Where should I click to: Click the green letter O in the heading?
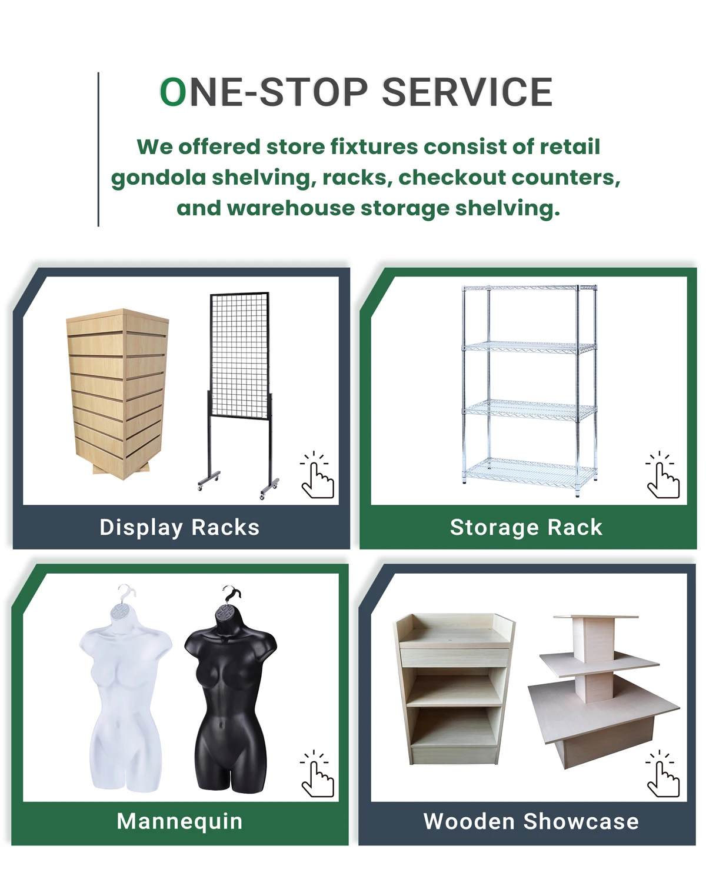(x=173, y=92)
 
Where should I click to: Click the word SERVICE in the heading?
(x=467, y=92)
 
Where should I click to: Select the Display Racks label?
(x=179, y=527)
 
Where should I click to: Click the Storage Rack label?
(x=526, y=527)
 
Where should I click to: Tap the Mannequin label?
(x=179, y=821)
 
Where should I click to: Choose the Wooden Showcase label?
(x=531, y=821)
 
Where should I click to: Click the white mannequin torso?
(x=125, y=694)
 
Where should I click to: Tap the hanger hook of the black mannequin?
(x=232, y=593)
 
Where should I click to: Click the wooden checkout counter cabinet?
(x=453, y=688)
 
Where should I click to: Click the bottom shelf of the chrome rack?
(x=529, y=470)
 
